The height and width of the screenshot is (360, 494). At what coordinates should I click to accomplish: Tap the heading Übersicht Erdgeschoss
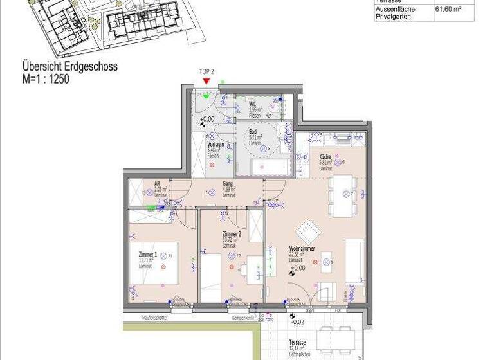[x=70, y=66]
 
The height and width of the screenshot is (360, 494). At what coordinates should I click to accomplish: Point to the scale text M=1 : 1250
[x=46, y=80]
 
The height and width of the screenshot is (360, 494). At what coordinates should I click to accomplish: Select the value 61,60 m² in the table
[x=448, y=10]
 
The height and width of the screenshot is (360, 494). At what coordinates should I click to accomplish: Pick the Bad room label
[x=253, y=131]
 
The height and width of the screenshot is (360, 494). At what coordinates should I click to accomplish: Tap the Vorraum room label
[x=215, y=145]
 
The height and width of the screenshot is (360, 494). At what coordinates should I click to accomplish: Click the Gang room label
[x=228, y=183]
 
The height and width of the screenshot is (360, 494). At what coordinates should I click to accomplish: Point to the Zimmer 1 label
[x=147, y=255]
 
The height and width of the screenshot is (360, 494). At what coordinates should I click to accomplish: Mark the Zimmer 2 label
[x=232, y=235]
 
